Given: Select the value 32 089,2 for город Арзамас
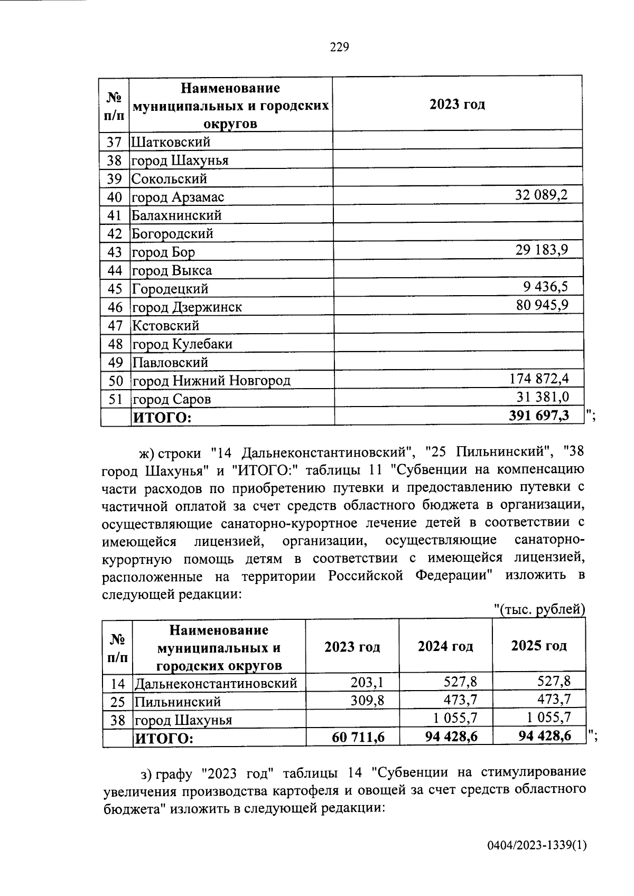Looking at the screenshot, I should [541, 195].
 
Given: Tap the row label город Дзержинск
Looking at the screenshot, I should [187, 307].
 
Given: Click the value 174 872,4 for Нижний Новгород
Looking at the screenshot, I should [539, 379].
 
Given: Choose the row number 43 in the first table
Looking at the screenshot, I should [115, 252].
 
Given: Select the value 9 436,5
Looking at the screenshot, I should [546, 287].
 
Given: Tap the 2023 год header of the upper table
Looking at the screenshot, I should [457, 104].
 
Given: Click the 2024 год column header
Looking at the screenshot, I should [445, 646].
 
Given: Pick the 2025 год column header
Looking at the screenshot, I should [538, 646].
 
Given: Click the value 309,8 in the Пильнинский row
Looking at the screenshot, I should [367, 701].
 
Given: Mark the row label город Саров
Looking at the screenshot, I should [171, 399].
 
